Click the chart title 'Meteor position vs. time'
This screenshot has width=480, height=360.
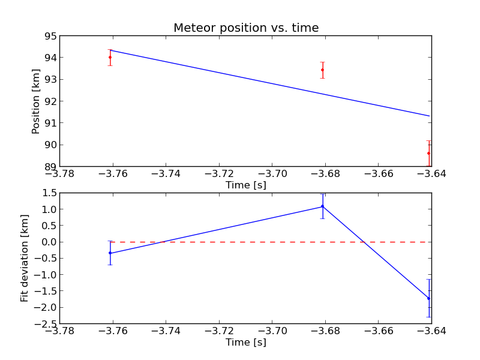pos(246,28)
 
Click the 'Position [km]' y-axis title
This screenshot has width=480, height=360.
pos(36,101)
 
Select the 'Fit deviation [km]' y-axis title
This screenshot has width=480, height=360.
pos(25,258)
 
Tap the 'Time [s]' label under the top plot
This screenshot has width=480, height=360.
pos(246,185)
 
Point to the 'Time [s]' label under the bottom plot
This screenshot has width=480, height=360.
pos(246,342)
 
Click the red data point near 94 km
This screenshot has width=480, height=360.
pos(110,57)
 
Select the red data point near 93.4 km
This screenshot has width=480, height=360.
pos(322,70)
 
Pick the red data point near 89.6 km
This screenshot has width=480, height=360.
pos(428,153)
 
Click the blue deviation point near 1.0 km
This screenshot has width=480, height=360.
pos(322,206)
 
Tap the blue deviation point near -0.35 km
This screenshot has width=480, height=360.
pos(110,253)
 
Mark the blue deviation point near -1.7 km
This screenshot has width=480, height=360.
pos(428,298)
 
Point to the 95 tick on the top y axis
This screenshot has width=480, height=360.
pos(50,36)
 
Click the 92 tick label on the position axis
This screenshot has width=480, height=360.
pos(50,101)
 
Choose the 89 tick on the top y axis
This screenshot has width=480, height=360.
pos(50,166)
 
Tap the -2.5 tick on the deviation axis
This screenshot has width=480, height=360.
pos(46,323)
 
